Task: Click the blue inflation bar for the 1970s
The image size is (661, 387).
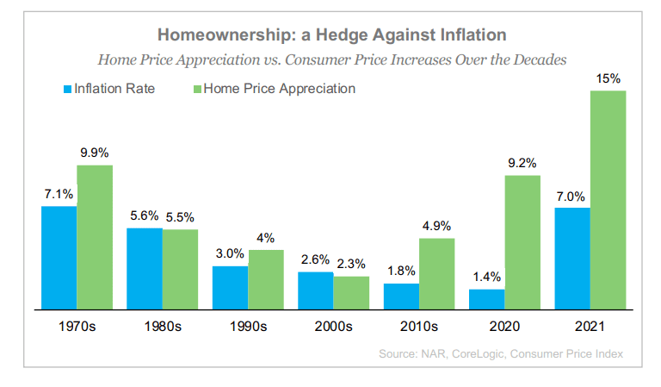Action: click(x=59, y=257)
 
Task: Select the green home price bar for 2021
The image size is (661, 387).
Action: click(x=608, y=199)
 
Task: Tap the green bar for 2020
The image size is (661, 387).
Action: click(x=522, y=241)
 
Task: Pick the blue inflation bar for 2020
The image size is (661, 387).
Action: click(x=486, y=298)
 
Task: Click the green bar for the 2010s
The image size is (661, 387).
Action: click(x=436, y=273)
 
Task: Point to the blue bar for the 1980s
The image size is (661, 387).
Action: click(x=145, y=268)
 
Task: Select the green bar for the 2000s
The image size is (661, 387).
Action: click(x=351, y=292)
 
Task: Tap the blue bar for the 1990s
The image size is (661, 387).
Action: click(x=230, y=287)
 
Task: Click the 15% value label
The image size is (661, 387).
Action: click(x=608, y=79)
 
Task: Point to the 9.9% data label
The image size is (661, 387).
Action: click(x=94, y=153)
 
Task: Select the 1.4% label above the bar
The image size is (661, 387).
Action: click(x=486, y=278)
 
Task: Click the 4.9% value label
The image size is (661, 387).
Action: click(x=436, y=226)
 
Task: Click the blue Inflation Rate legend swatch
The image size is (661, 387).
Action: click(x=66, y=89)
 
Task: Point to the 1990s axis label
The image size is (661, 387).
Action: click(x=248, y=327)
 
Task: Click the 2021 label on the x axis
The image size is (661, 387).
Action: click(x=590, y=327)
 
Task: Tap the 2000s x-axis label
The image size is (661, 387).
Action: click(x=333, y=327)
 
